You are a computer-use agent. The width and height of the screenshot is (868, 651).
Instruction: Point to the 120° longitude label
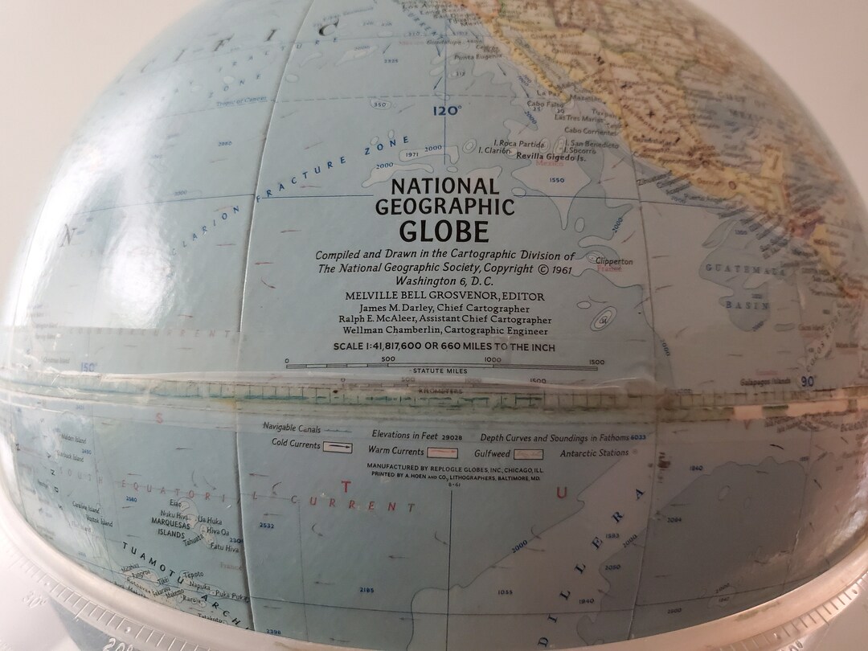[x=446, y=111]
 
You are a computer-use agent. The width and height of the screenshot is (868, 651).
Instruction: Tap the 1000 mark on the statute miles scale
[x=493, y=360]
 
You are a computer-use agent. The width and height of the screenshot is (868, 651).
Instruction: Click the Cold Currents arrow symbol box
[x=337, y=444]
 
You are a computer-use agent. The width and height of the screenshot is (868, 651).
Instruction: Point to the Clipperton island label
[x=613, y=261]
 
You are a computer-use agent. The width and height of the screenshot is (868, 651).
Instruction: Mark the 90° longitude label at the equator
[x=807, y=382]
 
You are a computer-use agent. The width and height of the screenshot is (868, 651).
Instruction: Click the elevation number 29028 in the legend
[x=457, y=436]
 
